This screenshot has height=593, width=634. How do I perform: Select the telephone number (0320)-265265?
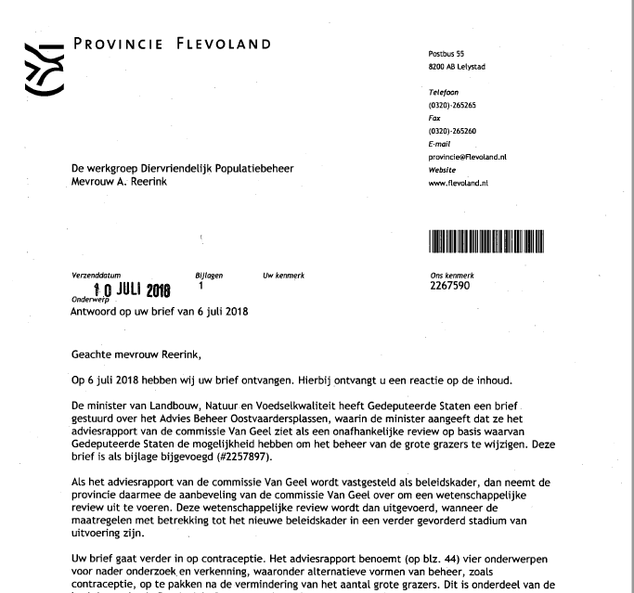point(452,106)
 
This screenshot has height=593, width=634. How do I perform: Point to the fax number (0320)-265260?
point(452,132)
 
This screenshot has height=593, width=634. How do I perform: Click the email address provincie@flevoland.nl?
point(468,158)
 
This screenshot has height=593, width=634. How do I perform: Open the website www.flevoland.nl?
point(459,184)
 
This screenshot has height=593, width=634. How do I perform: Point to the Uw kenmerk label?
point(284,276)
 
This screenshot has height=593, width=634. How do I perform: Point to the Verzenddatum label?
point(96,276)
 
